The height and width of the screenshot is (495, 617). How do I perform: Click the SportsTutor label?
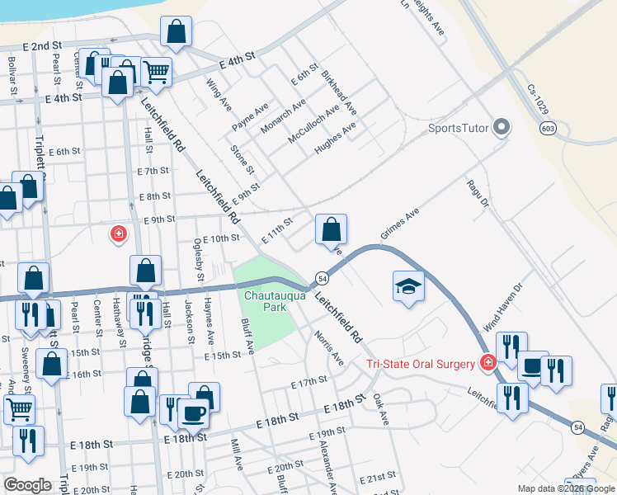coord(458,128)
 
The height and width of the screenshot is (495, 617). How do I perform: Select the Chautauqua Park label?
coord(264,300)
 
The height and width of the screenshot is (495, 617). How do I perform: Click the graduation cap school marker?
coord(407,286)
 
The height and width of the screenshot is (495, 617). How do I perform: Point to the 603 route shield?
coord(549,128)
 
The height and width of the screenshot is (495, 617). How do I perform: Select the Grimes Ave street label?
coord(400,224)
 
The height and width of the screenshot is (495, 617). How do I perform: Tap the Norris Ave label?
coord(329,347)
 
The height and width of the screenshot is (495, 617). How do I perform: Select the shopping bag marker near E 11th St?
coord(332,229)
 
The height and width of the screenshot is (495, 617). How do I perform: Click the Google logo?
coord(27,485)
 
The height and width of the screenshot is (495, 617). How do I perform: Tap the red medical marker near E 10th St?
coord(120,234)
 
